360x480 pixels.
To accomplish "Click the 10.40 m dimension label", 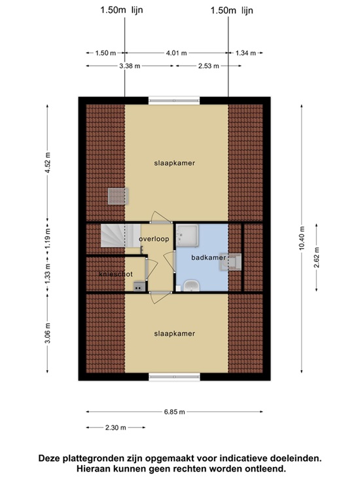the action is [x=302, y=238].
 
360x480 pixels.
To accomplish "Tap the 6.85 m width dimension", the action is [x=174, y=412].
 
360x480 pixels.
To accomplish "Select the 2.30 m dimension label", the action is [x=116, y=428].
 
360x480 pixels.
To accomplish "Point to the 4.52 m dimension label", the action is [x=48, y=162].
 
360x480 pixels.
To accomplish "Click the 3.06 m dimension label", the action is [x=48, y=333].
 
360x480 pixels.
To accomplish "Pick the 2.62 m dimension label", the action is [x=317, y=257].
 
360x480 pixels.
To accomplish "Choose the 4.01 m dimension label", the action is [x=176, y=53].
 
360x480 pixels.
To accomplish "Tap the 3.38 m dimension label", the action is [x=130, y=66].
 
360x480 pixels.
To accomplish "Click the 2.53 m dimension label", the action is [x=209, y=66].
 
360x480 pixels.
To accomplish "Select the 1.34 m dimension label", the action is [x=245, y=53].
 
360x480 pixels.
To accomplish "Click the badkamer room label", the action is [x=208, y=257].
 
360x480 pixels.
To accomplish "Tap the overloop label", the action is [x=154, y=239].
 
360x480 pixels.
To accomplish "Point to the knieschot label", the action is [x=116, y=274].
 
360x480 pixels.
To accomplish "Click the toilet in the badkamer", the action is [x=230, y=262].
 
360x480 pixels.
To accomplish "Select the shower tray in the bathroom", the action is [x=187, y=235].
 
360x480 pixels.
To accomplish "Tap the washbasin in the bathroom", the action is [x=192, y=286].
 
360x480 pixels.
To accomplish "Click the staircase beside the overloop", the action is [x=120, y=236].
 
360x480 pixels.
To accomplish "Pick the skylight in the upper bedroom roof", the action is [x=118, y=196].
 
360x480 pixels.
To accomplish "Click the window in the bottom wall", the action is [x=174, y=377].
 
